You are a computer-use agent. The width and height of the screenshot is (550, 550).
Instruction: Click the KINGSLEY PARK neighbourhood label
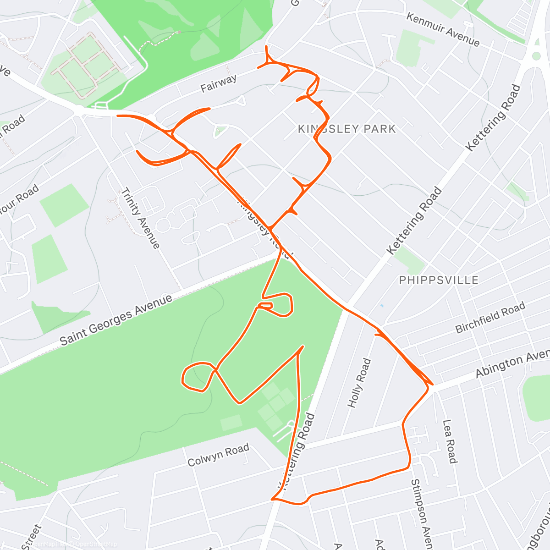tap(346, 129)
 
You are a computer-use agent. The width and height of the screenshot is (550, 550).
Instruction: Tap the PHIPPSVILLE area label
tap(439, 280)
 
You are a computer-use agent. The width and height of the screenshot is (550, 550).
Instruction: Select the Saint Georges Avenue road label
tap(116, 319)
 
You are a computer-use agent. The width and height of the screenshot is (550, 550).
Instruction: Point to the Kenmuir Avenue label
tap(443, 30)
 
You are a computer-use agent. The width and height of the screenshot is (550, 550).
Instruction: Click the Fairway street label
tap(219, 83)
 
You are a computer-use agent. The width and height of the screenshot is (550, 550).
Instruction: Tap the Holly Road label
tap(359, 383)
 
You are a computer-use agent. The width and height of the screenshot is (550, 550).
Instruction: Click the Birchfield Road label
tap(490, 318)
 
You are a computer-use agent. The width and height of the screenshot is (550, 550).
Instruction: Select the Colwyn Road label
tap(218, 454)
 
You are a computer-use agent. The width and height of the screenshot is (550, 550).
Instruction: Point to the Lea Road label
tap(449, 441)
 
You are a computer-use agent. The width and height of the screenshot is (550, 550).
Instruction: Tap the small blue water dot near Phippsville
tap(382, 305)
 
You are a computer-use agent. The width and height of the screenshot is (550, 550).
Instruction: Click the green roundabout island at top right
tap(535, 56)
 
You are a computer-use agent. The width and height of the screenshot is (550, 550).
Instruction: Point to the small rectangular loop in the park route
tap(266, 305)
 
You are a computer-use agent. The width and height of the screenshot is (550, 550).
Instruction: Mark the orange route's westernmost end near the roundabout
tap(118, 115)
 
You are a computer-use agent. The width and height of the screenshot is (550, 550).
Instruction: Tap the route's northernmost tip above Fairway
tap(266, 46)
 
